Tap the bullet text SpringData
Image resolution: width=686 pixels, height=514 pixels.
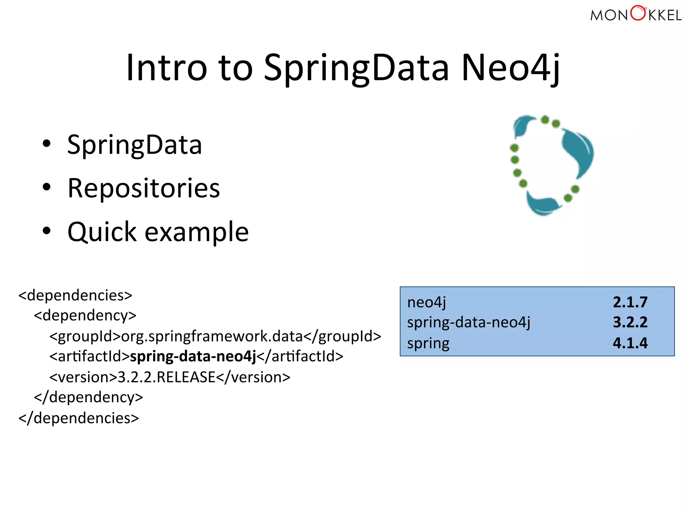pos(134,145)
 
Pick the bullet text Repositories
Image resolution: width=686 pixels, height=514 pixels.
pos(144,188)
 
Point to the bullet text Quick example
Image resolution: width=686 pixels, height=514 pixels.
pos(158,232)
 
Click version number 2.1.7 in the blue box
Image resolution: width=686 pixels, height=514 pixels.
pos(630,302)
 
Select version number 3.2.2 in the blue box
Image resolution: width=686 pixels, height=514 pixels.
pos(630,322)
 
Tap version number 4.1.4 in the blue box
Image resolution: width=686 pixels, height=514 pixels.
pos(630,343)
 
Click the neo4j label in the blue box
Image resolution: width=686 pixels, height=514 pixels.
pos(426,303)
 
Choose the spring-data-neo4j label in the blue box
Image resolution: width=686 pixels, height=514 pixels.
pos(469,323)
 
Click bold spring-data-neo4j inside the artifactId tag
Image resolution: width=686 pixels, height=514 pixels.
pos(193,356)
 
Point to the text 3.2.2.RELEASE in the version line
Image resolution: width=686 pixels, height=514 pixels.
pos(166,377)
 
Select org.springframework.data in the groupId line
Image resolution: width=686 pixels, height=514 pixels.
pos(212,336)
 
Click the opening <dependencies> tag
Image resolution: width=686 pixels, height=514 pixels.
pos(75,295)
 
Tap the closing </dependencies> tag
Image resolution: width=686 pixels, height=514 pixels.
pos(78,418)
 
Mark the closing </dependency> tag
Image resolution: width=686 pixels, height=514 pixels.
pos(88,398)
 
